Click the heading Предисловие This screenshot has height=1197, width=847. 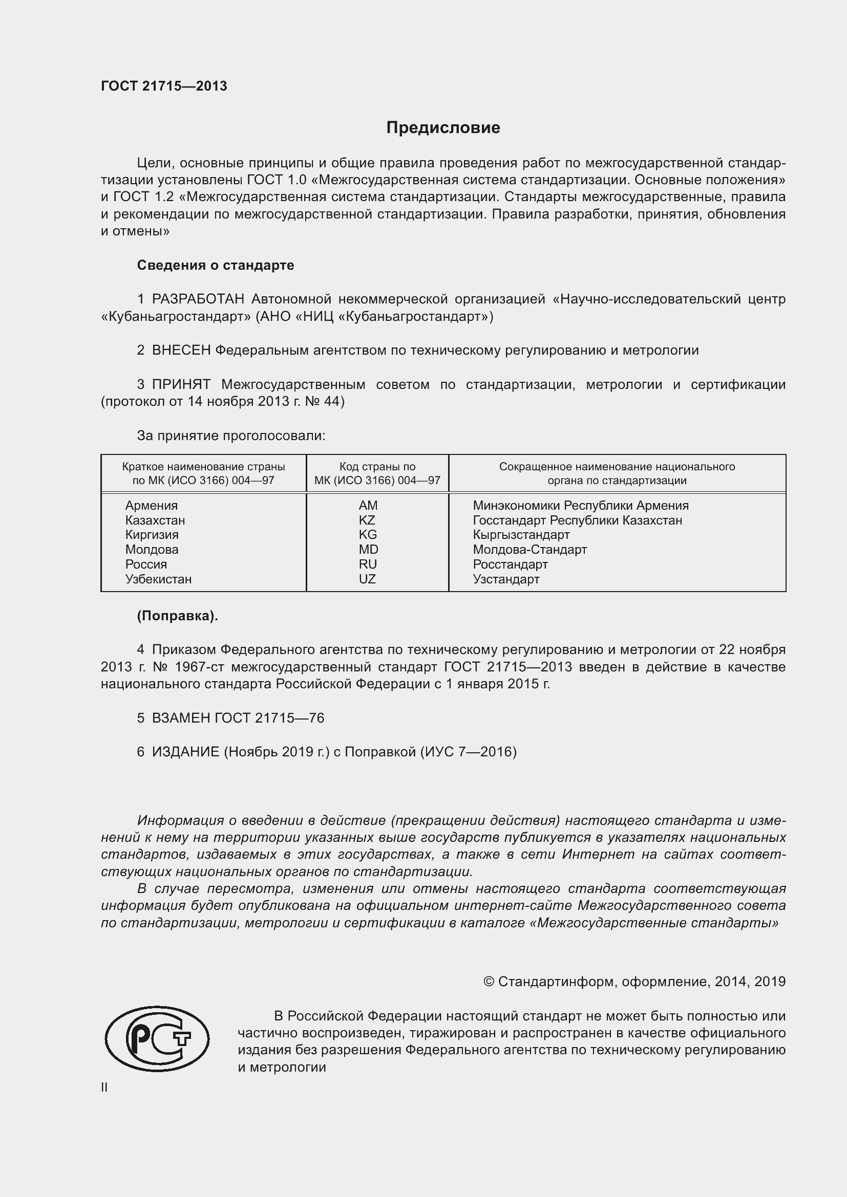click(443, 128)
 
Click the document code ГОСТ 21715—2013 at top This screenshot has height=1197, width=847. click(164, 86)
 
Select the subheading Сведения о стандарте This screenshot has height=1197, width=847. click(216, 266)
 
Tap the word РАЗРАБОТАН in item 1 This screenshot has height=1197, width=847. click(198, 299)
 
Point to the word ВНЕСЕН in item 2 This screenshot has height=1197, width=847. click(181, 351)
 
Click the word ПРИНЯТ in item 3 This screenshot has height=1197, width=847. click(181, 385)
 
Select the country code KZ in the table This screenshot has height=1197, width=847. click(367, 520)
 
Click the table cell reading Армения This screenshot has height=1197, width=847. click(151, 506)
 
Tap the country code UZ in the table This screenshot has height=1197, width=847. click(367, 579)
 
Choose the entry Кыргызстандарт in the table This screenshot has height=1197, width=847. click(521, 535)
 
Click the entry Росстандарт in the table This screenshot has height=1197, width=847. click(510, 564)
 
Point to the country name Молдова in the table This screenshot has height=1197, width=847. click(152, 550)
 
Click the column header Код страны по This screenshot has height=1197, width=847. click(377, 467)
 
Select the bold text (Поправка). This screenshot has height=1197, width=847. click(177, 616)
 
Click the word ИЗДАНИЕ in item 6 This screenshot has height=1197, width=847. click(185, 752)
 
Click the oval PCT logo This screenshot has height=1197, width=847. click(157, 1054)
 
